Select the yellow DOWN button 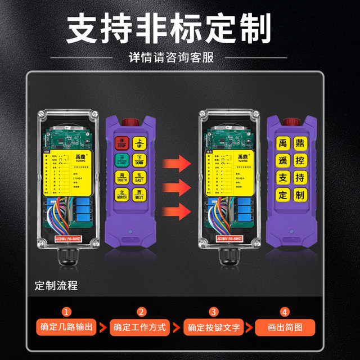click(139, 160)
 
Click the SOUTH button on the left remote click(121, 178)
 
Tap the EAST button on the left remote click(139, 178)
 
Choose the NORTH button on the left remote click(121, 195)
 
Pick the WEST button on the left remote click(139, 195)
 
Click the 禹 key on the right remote click(283, 142)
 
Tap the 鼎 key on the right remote click(300, 142)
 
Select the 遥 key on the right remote click(283, 160)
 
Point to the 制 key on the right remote click(300, 195)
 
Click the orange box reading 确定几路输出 click(66, 327)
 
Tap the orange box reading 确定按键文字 click(213, 327)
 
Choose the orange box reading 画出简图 click(285, 327)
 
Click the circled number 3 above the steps click(213, 312)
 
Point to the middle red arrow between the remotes click(175, 186)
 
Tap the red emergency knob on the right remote click(291, 121)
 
